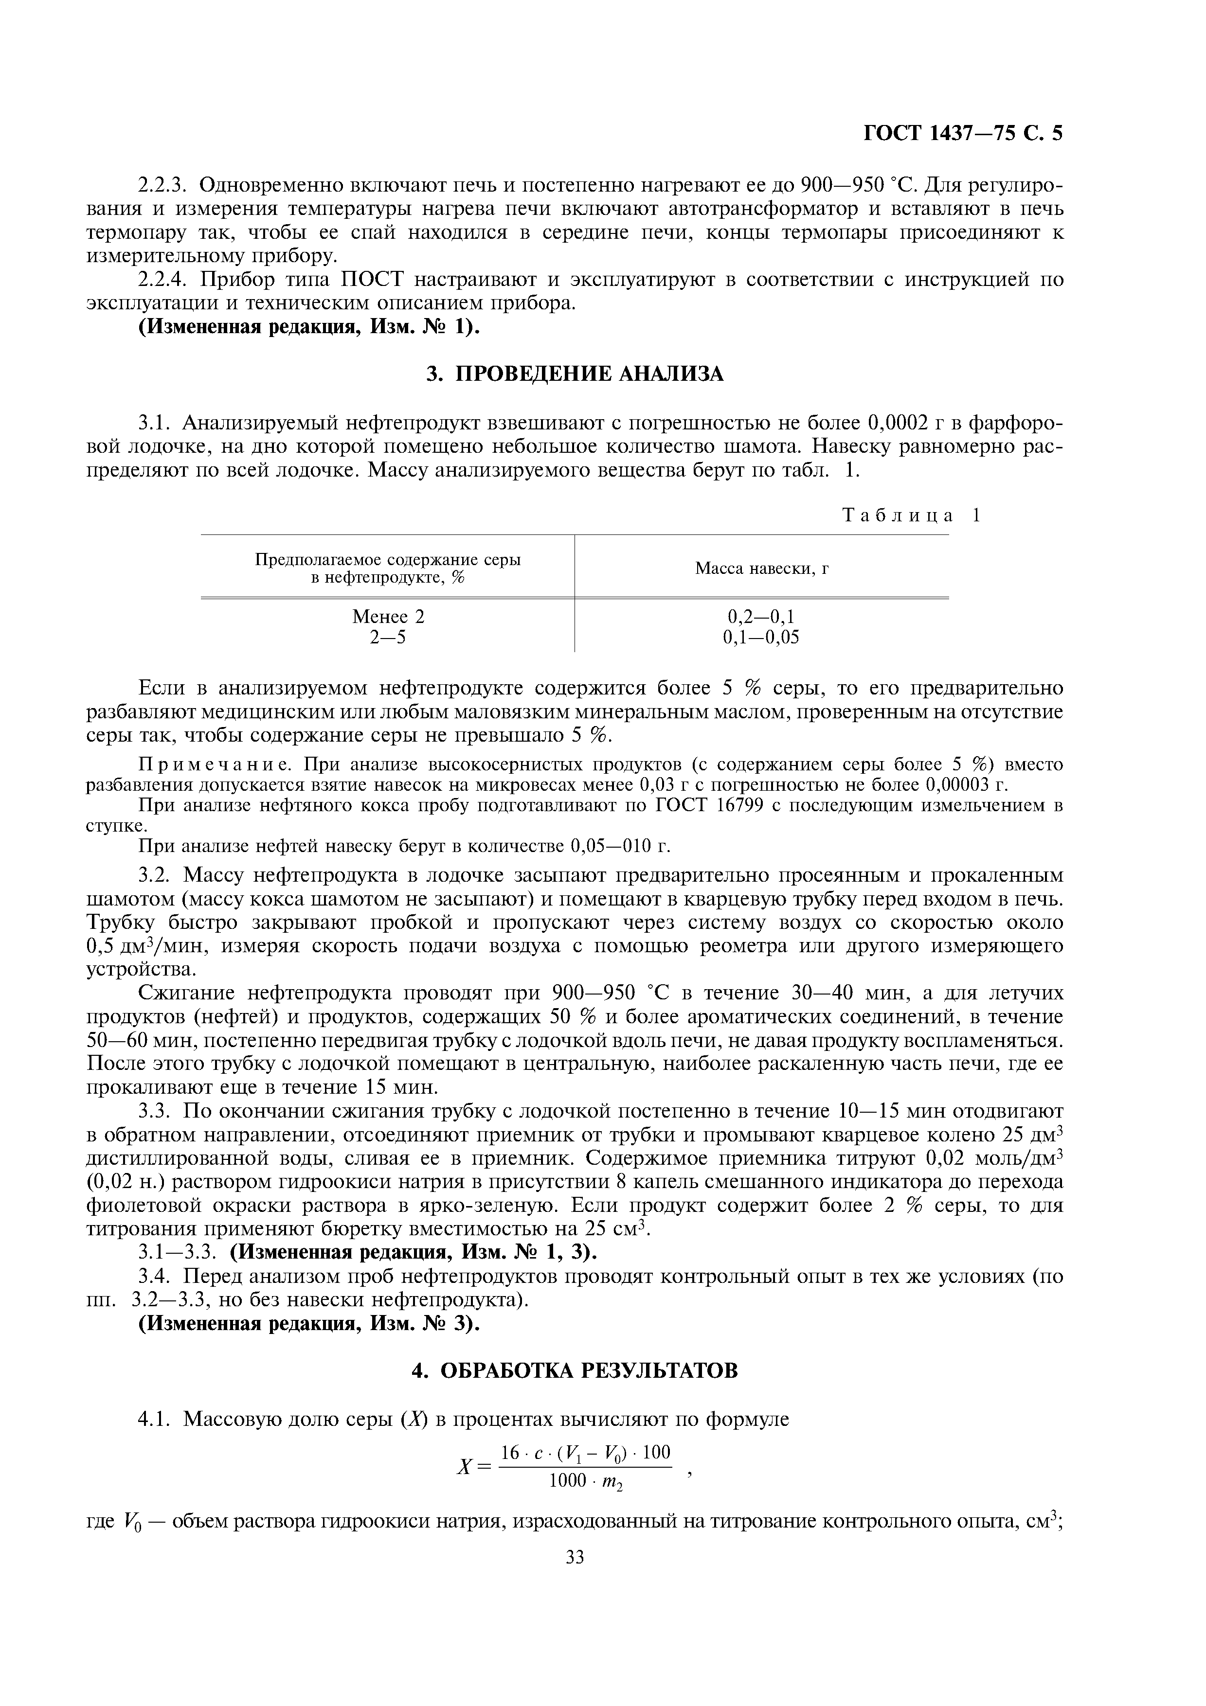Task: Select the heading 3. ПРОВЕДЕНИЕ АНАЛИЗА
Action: pyautogui.click(x=575, y=374)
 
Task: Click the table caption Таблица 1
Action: pyautogui.click(x=911, y=515)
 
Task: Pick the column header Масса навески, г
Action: pyautogui.click(x=762, y=569)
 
